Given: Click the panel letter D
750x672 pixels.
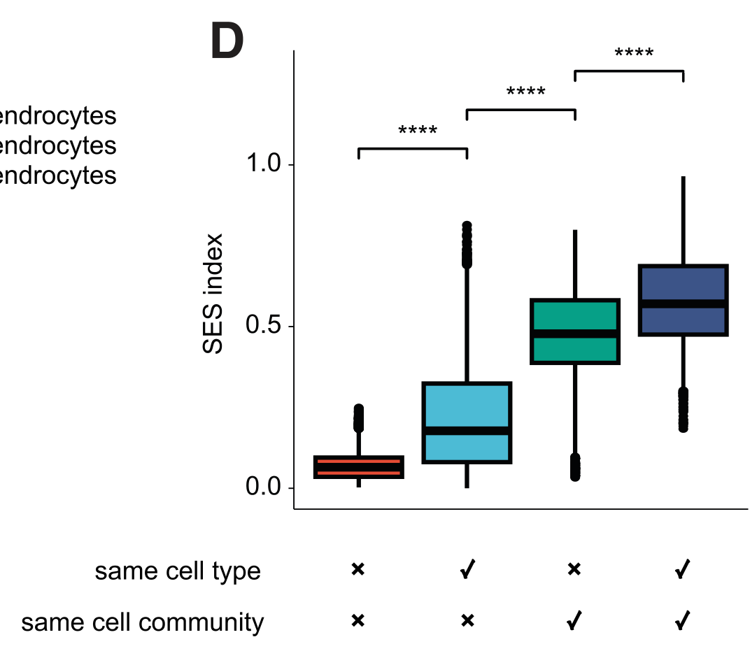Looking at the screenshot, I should pyautogui.click(x=227, y=42).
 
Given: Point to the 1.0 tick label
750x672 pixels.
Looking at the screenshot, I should pyautogui.click(x=264, y=164).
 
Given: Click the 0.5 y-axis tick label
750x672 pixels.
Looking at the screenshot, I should pyautogui.click(x=264, y=326).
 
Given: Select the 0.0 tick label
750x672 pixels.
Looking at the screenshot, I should pyautogui.click(x=264, y=487).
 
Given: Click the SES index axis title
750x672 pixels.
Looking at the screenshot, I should pyautogui.click(x=213, y=294).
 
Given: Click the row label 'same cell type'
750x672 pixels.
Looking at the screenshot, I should pyautogui.click(x=178, y=571).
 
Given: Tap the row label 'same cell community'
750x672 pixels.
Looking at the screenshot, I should pyautogui.click(x=143, y=622).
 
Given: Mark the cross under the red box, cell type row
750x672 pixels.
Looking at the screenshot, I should pyautogui.click(x=358, y=570).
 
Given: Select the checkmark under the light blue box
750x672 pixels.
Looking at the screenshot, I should pyautogui.click(x=467, y=571).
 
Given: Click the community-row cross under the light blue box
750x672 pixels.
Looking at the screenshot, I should pyautogui.click(x=467, y=621).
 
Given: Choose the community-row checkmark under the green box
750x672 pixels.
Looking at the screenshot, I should pyautogui.click(x=574, y=621).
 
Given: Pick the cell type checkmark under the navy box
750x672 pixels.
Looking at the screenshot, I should pyautogui.click(x=683, y=571).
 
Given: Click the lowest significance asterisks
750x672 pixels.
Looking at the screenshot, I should pyautogui.click(x=418, y=131).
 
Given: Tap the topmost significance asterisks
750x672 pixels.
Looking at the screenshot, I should pyautogui.click(x=634, y=54).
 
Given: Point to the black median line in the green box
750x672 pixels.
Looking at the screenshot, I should pyautogui.click(x=575, y=334).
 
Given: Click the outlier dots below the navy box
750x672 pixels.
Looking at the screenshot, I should pyautogui.click(x=683, y=410).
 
